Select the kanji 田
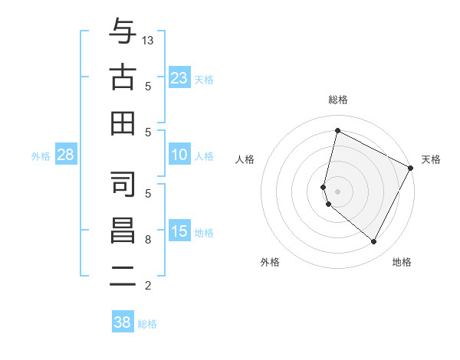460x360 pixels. coord(123,123)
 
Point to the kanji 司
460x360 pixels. coord(123,184)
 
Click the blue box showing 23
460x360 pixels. coord(179,78)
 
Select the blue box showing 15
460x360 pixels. coord(179,231)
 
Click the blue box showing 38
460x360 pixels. coord(122,322)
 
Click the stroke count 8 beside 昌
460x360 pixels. coord(148,240)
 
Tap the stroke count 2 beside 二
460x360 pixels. coord(148,286)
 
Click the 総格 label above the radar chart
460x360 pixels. coord(337,100)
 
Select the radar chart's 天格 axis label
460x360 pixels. coord(431,159)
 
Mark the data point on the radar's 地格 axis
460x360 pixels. coord(373,242)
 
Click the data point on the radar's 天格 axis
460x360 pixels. coord(411,168)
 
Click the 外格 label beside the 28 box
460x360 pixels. coord(41,156)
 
